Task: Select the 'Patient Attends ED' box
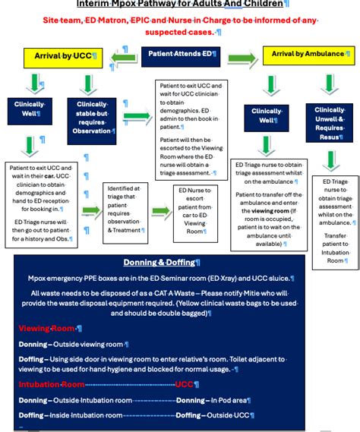click(180, 55)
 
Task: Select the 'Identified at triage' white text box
click(126, 212)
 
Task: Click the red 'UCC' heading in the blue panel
click(185, 385)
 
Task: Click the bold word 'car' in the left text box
click(45, 175)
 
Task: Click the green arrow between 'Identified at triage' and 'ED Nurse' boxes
click(161, 212)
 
